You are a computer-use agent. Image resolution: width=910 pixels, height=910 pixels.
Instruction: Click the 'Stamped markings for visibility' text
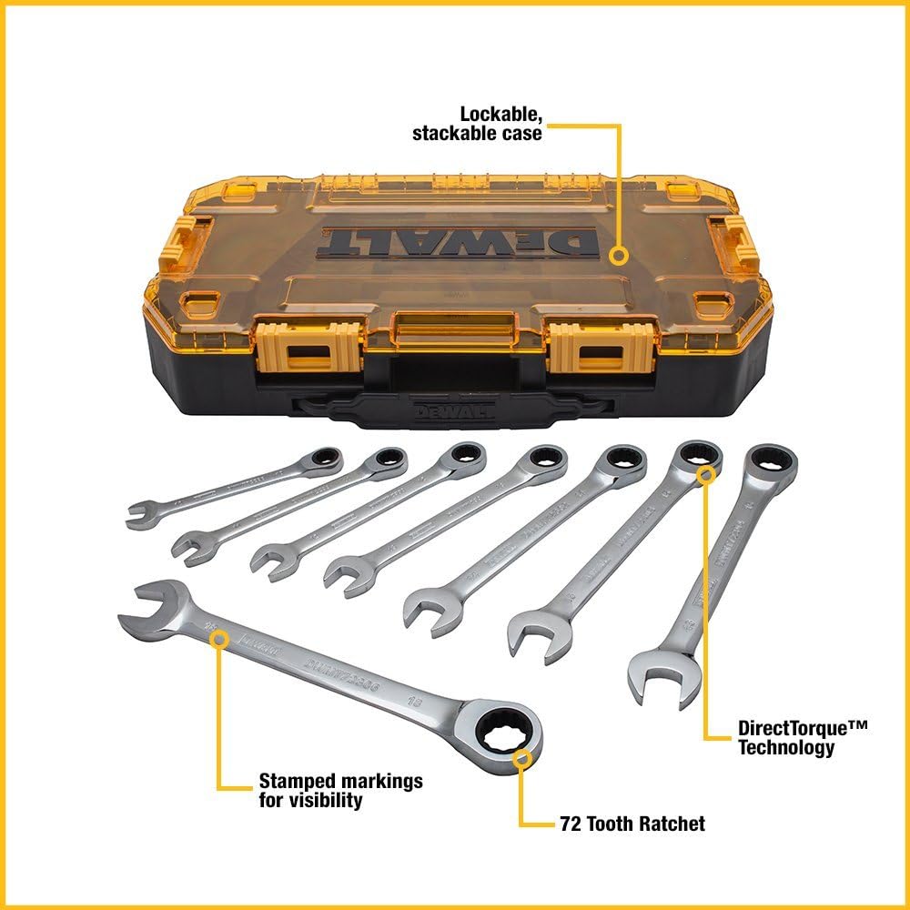click(340, 791)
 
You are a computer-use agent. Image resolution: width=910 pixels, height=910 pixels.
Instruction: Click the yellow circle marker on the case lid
click(618, 256)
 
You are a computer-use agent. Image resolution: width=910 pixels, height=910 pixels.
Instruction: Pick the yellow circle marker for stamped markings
click(218, 640)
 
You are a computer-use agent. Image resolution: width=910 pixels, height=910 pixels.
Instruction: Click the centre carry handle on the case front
click(455, 323)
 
